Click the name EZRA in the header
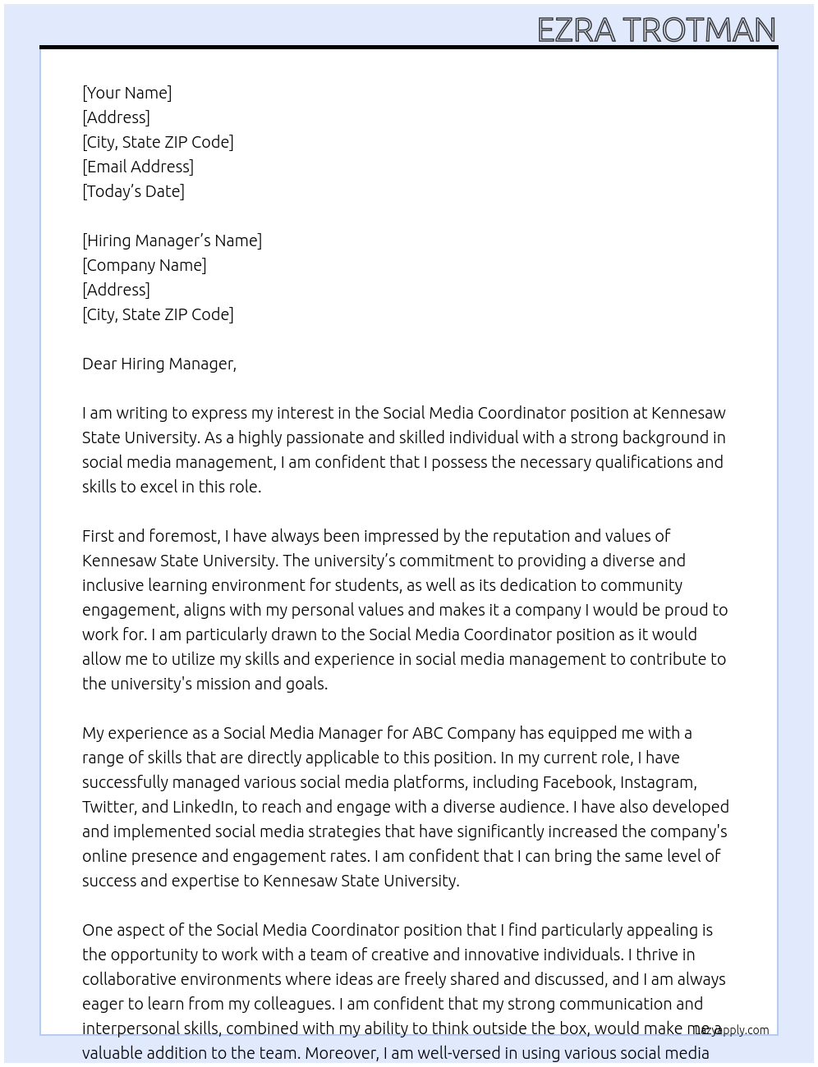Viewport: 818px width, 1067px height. (x=576, y=30)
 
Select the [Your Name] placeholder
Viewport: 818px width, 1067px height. (x=127, y=93)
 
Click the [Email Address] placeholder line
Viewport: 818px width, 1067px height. (x=138, y=167)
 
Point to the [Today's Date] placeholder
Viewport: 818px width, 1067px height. (x=133, y=191)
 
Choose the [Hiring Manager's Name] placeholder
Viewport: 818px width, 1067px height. (x=172, y=240)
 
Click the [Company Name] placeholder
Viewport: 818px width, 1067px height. (x=145, y=265)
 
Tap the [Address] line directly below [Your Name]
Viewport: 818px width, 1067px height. (x=116, y=117)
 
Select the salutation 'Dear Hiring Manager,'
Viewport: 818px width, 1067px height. (x=159, y=364)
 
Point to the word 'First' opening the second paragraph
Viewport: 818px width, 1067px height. (x=98, y=536)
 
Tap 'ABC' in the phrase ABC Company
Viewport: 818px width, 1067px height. (x=427, y=733)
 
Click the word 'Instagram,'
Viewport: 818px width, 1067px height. (x=658, y=782)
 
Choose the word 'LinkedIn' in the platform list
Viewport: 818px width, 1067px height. (x=203, y=807)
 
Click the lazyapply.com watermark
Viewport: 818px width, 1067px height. (x=732, y=1030)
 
